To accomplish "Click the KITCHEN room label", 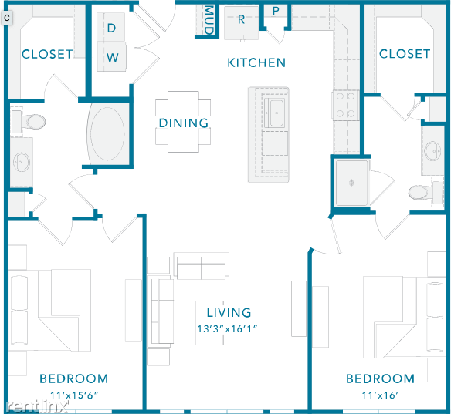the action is [256, 63].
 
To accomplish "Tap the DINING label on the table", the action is [184, 123].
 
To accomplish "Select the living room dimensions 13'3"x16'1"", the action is [227, 328].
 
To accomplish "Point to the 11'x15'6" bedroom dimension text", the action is [74, 395].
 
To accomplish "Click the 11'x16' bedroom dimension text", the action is [380, 395].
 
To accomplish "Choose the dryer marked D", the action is [111, 27].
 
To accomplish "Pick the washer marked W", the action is [112, 57].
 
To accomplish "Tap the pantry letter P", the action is [276, 12].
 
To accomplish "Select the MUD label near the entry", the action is [209, 19].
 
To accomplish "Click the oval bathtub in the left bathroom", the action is [107, 134].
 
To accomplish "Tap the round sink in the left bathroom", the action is [21, 162].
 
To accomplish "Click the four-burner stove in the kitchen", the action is [346, 105].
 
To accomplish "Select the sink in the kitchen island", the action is [276, 113].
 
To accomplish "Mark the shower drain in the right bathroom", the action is [351, 183].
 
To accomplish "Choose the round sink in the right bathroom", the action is [432, 151].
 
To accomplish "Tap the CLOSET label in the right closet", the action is [405, 54].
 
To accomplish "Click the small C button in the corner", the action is [7, 18].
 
